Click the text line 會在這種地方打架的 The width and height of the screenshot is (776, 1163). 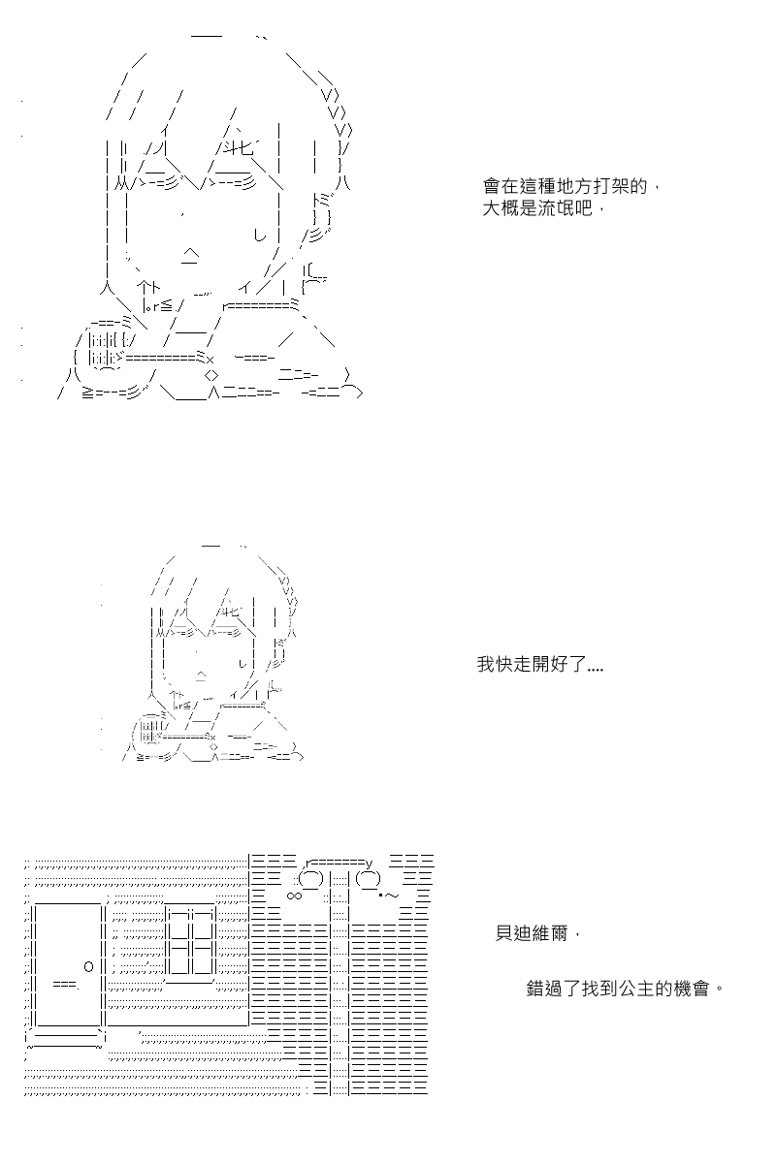coord(565,186)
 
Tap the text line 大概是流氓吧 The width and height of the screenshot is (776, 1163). coord(537,208)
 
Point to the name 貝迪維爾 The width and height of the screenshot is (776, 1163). coord(532,933)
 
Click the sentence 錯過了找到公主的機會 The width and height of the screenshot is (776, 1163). coord(618,988)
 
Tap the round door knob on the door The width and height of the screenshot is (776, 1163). coord(88,966)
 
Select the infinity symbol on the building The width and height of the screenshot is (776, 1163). coord(294,896)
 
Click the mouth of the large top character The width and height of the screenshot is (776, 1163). coord(190,256)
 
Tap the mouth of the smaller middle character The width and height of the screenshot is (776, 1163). coord(201,676)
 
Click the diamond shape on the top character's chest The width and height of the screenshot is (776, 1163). coord(211,375)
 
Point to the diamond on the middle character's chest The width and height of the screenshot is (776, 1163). coord(212,747)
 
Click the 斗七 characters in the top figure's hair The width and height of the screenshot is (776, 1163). coord(239,149)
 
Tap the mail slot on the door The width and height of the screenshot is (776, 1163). coord(66,983)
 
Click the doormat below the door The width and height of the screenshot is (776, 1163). coord(64,1038)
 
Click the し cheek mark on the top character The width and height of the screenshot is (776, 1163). coord(260,236)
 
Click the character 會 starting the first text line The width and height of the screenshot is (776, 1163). coord(491,186)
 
